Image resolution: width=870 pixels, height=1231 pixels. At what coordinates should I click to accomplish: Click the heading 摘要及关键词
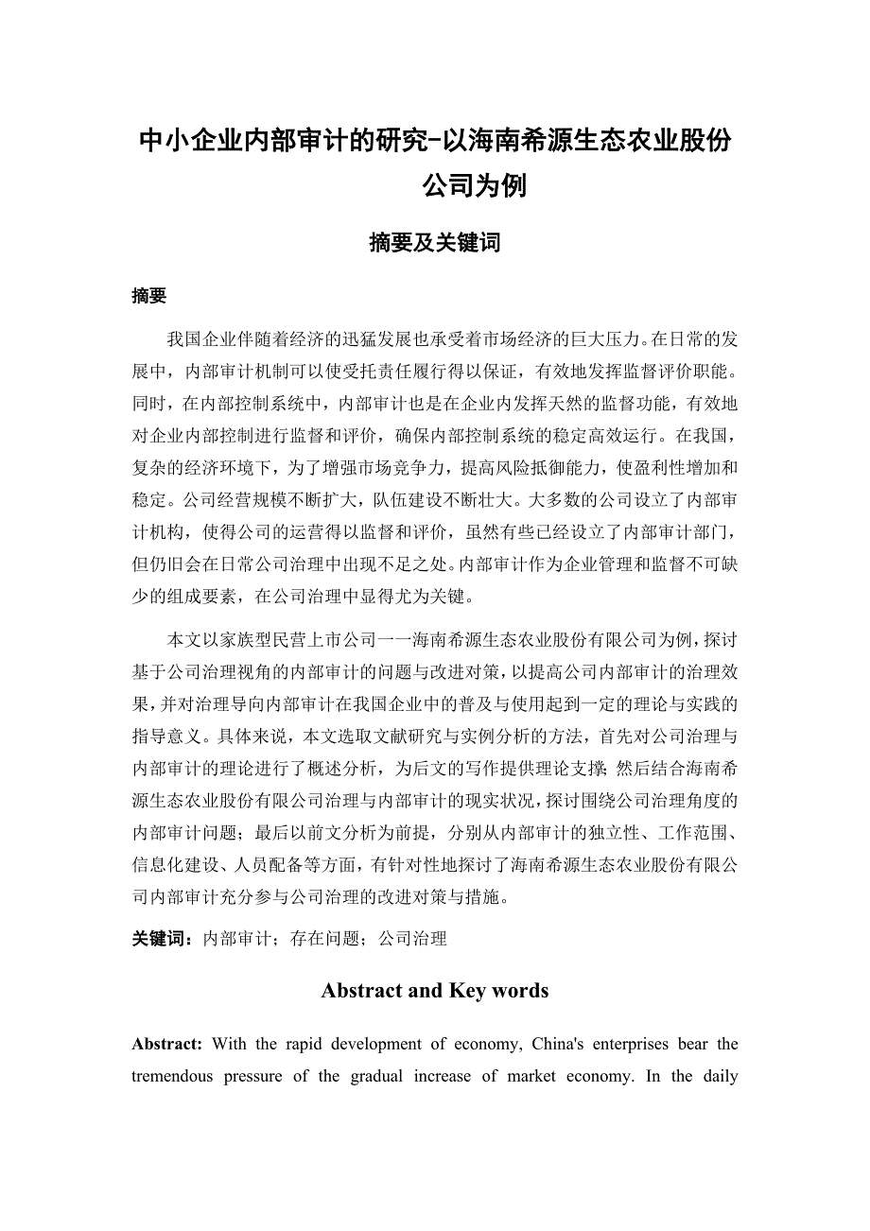[x=434, y=243]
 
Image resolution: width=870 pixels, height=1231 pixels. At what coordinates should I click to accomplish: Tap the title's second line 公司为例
[x=474, y=185]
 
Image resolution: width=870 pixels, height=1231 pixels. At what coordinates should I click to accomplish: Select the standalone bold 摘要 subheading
[x=149, y=297]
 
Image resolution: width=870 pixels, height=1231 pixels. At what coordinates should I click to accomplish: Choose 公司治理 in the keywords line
[x=412, y=939]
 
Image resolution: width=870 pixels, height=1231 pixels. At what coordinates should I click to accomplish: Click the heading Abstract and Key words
[x=434, y=991]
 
